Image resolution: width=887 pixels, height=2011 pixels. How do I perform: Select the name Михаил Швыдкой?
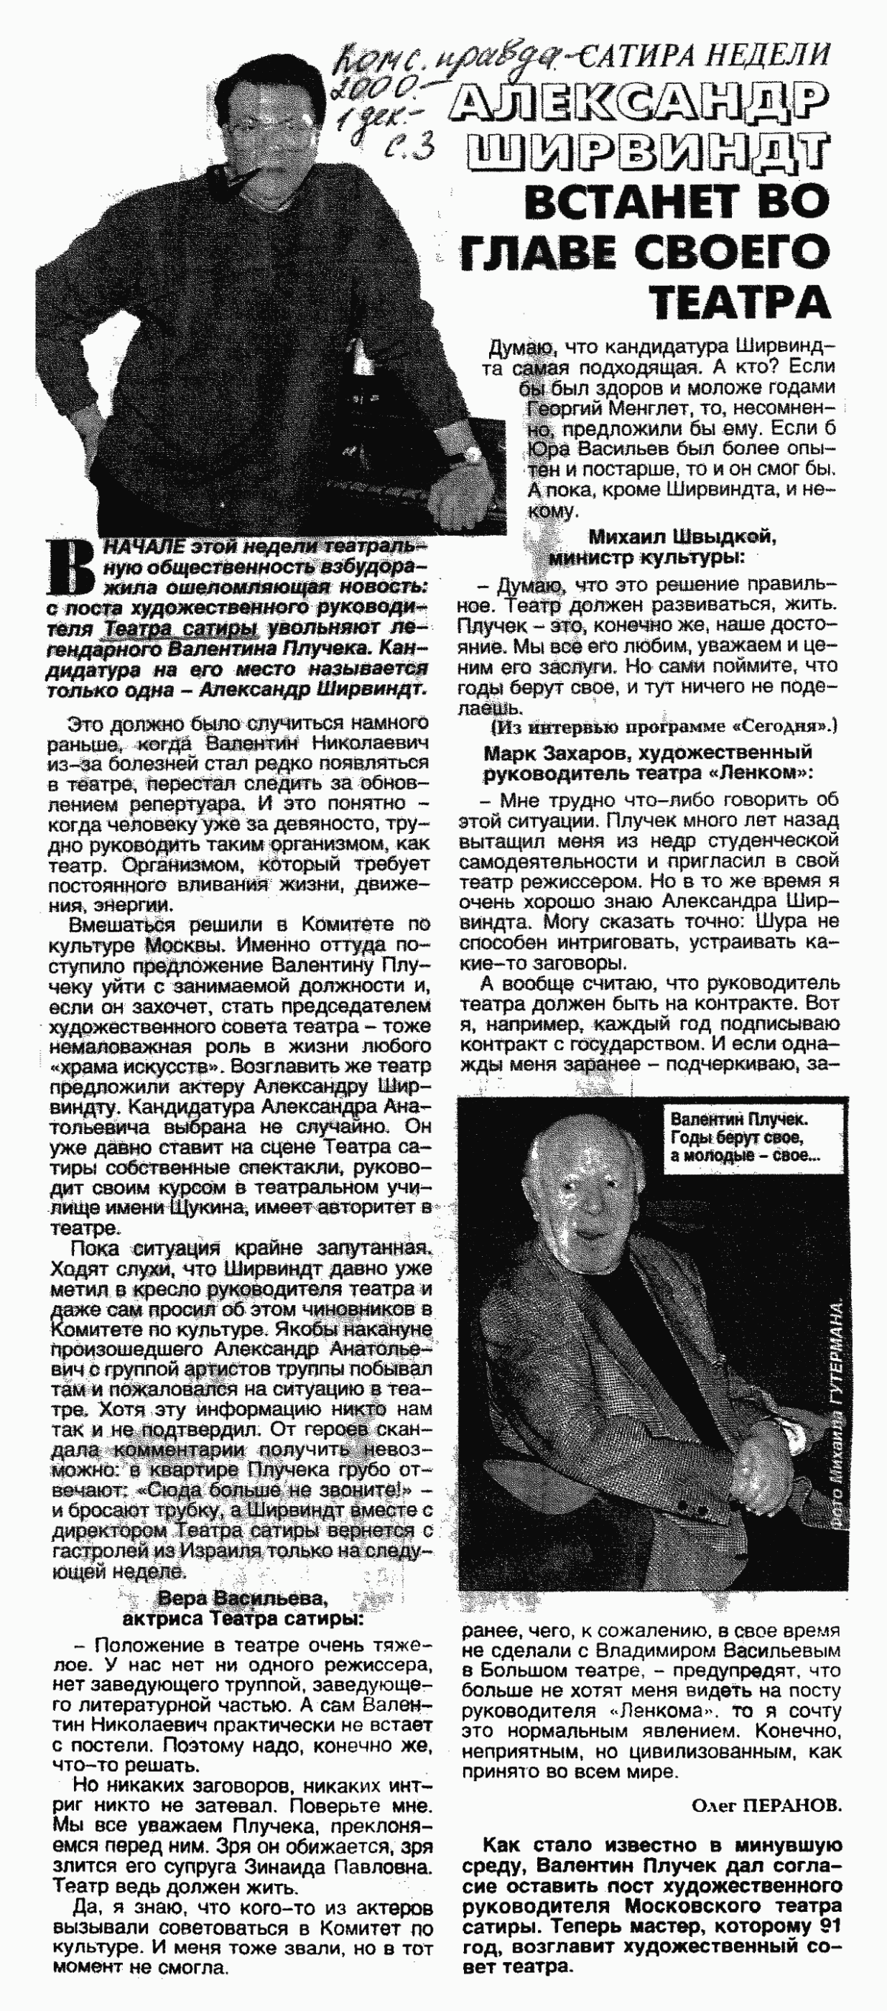tap(682, 537)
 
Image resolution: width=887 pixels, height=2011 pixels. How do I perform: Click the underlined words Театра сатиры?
tap(182, 629)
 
